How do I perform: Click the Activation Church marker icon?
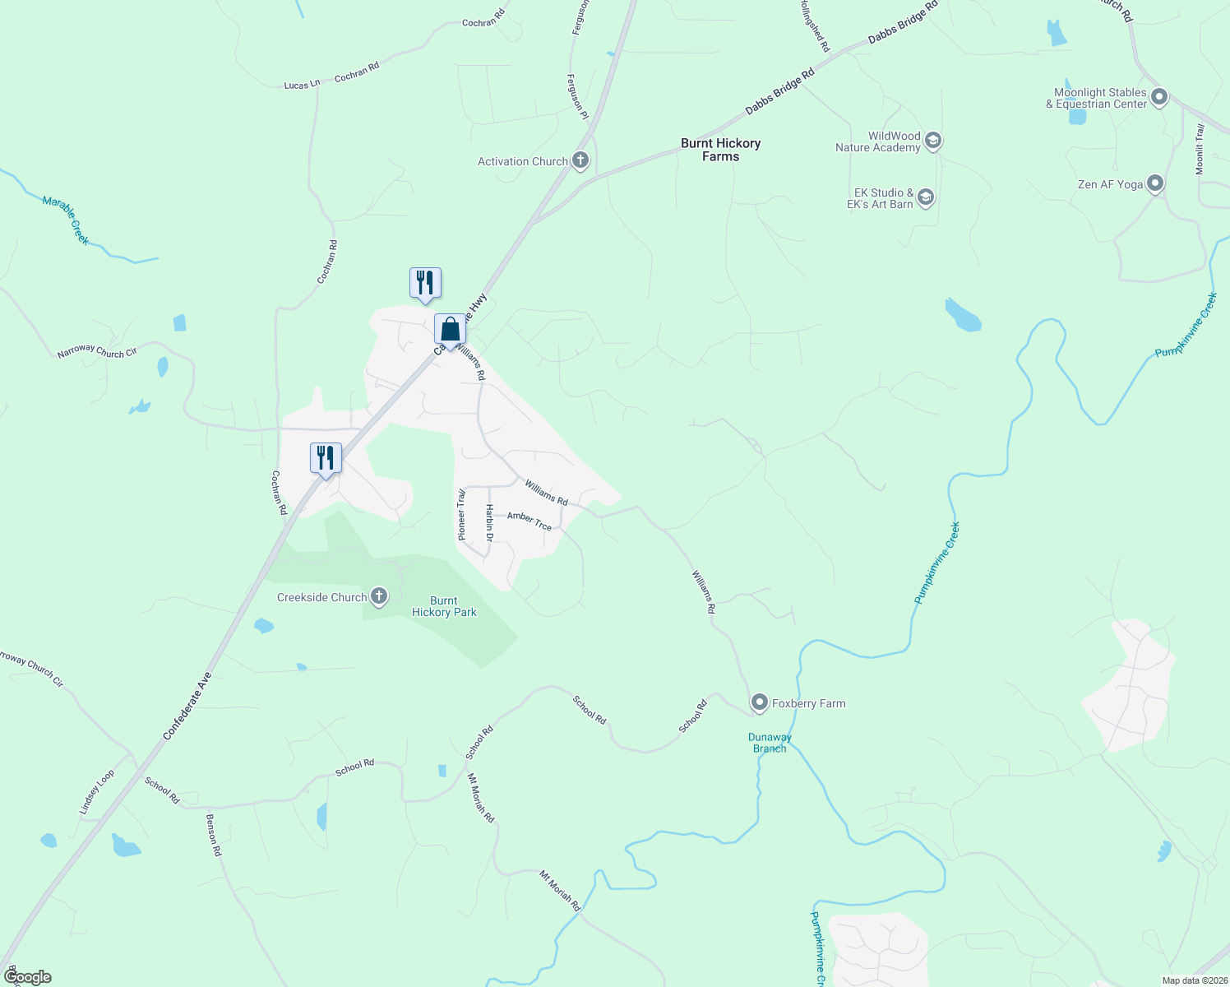(x=580, y=160)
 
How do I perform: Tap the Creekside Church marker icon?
(x=379, y=596)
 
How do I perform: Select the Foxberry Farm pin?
(x=760, y=703)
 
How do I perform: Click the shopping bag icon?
(x=451, y=330)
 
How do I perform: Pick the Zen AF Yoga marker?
(x=1155, y=183)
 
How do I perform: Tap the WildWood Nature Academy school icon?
(x=932, y=141)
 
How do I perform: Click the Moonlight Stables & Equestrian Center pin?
(x=1159, y=98)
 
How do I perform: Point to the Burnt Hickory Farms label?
(x=720, y=150)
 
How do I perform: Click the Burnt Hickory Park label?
(x=444, y=606)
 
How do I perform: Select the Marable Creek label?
(x=66, y=220)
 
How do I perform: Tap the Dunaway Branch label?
(x=770, y=743)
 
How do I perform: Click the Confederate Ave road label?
(x=187, y=706)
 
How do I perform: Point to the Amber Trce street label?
(x=529, y=521)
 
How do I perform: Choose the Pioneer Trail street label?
(x=461, y=515)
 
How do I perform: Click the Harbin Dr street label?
(x=489, y=523)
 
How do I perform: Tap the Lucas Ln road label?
(x=302, y=85)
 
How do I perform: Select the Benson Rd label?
(x=214, y=836)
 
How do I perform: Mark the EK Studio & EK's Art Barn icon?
(x=926, y=197)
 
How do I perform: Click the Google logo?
(x=28, y=977)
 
